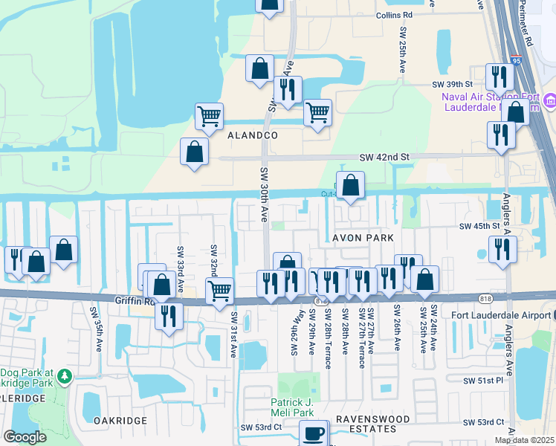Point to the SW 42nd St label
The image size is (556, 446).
384,158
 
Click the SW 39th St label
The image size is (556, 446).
453,85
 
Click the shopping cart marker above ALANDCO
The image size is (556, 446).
210,115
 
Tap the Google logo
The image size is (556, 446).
25,436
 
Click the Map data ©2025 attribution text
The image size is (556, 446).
525,440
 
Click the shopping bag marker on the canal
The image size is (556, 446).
351,185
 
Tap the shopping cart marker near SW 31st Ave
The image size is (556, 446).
219,291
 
